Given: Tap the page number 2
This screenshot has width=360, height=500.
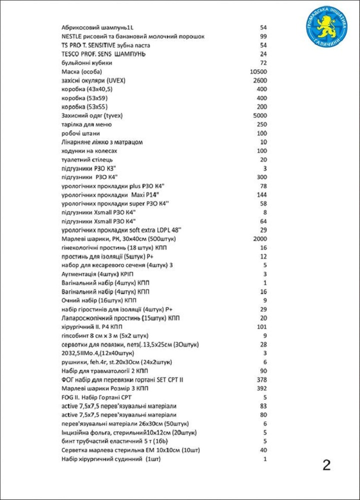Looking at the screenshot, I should pyautogui.click(x=326, y=465).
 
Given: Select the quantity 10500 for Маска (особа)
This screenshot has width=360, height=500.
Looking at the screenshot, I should pyautogui.click(x=258, y=72).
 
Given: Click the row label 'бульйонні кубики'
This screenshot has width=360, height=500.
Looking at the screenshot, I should pyautogui.click(x=86, y=63).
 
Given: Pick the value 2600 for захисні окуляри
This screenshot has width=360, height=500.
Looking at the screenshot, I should pyautogui.click(x=260, y=80).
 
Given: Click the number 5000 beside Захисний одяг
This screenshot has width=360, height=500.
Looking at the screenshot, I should pyautogui.click(x=260, y=116).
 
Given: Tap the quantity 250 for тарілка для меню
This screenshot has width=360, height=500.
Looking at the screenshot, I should pyautogui.click(x=261, y=124).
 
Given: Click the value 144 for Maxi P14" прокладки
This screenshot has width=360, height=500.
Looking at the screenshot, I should pyautogui.click(x=261, y=194).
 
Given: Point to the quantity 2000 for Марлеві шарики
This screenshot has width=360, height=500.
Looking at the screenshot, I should pyautogui.click(x=260, y=238).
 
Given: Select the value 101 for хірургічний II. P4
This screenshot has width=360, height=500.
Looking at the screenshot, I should pyautogui.click(x=261, y=327).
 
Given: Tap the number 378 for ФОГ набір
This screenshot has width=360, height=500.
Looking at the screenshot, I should pyautogui.click(x=261, y=380).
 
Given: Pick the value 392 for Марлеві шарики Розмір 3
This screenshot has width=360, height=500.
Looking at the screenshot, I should pyautogui.click(x=261, y=388).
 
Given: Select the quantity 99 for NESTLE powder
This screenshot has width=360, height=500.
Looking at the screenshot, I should pyautogui.click(x=263, y=36).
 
